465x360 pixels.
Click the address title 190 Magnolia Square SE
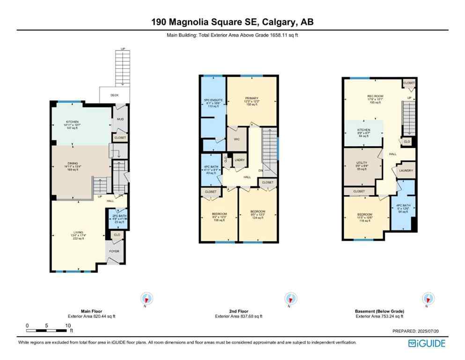coord(232,22)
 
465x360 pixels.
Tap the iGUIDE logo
coord(427,343)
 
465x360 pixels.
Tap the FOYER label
coord(114,251)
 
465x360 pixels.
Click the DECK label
coord(114,95)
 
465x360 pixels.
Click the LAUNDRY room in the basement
coord(406,171)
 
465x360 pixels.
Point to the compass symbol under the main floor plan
coord(147,298)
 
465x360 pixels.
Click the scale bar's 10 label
coord(68,325)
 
